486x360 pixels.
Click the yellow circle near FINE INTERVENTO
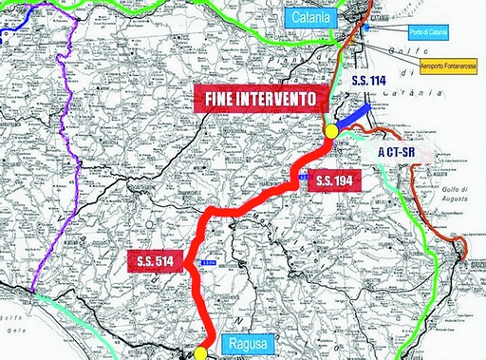click(x=331, y=131)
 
